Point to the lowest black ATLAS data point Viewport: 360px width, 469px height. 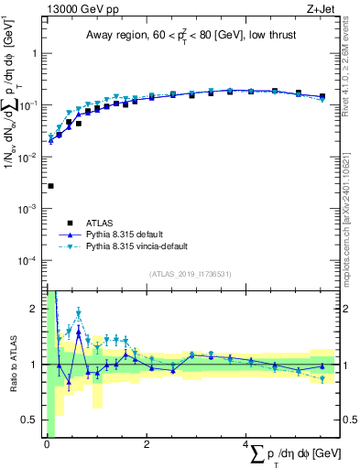tap(50, 186)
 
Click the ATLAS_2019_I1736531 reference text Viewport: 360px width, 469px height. tap(191, 274)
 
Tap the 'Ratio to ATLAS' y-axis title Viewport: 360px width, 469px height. tap(12, 364)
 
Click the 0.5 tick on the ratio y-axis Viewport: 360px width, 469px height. tap(33, 420)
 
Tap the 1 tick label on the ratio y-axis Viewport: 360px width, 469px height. tap(37, 365)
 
